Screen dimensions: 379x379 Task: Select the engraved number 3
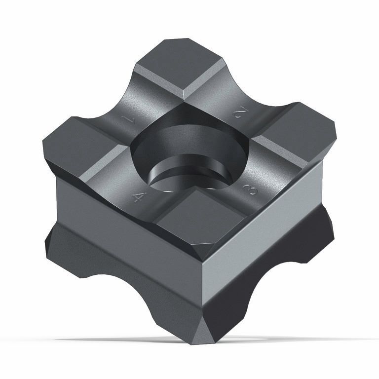(250, 189)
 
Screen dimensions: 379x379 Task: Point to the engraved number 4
(140, 197)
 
